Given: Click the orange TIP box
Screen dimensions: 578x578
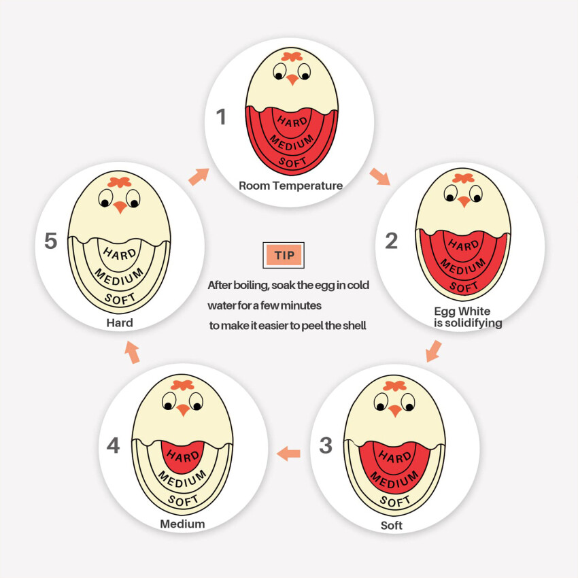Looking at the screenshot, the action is click(284, 255).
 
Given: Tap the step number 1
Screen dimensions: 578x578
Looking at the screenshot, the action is click(221, 116).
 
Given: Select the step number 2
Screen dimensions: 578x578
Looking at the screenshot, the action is click(391, 241).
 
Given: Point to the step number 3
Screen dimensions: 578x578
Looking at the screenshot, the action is click(326, 445).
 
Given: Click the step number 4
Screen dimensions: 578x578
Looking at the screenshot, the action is click(113, 445).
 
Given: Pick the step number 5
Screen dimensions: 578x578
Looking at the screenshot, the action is click(51, 241).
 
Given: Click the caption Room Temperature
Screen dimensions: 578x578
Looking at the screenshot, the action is click(291, 186).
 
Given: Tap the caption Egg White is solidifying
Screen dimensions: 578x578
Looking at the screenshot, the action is click(468, 317).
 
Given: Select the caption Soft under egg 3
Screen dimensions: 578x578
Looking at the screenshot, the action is click(392, 525).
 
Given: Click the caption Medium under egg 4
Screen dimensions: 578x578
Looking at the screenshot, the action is click(182, 524).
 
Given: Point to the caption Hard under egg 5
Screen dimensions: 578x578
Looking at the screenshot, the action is click(120, 323).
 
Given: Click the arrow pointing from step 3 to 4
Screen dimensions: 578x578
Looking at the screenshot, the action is click(288, 454).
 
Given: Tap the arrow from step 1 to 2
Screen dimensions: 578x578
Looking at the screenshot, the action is click(380, 177).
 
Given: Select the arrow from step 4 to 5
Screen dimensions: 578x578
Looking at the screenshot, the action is click(132, 352).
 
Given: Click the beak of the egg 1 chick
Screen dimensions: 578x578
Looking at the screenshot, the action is click(292, 80).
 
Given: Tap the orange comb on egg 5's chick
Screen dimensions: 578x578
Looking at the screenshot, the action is click(119, 182).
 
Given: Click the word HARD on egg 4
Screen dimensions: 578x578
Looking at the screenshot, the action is click(183, 456).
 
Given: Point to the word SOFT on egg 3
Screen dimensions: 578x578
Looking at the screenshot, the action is click(395, 501).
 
